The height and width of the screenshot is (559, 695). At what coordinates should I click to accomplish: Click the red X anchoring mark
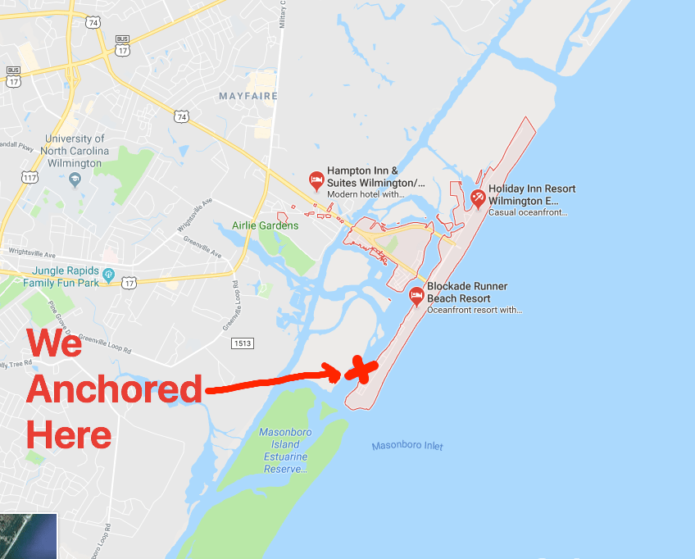point(361,370)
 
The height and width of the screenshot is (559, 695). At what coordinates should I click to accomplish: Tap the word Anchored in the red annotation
point(114,389)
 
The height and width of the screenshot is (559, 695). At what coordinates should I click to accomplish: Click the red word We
point(55,343)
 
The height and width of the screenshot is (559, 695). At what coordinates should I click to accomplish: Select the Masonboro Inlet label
point(407,446)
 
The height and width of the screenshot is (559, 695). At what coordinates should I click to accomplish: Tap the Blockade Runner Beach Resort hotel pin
point(416,295)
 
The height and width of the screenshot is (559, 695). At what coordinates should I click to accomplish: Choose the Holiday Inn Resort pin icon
point(478,198)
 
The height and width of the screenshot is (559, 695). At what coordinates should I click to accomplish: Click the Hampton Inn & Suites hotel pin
point(316,180)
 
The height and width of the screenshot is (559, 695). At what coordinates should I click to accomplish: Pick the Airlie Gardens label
point(265,225)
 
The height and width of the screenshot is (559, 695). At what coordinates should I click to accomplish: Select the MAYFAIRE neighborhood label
point(248,96)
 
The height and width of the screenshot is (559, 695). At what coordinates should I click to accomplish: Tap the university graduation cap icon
point(75,179)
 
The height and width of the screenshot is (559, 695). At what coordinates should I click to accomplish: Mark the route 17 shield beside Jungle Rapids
point(129,283)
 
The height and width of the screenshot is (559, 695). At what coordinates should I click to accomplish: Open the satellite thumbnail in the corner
point(29,536)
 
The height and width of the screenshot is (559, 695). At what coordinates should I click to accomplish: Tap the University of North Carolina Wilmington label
point(76,151)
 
